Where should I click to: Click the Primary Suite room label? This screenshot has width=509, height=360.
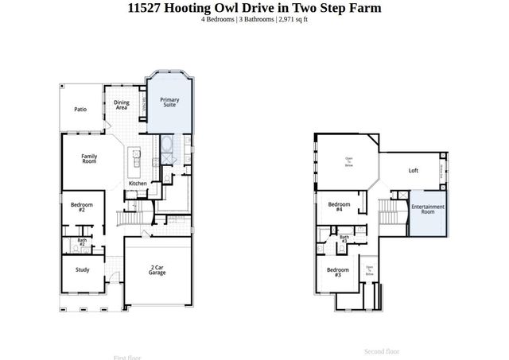170,103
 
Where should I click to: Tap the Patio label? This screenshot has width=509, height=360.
80,110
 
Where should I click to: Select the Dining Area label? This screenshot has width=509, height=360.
122,105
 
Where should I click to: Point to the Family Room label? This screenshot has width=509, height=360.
89,158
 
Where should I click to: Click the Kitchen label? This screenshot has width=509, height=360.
138,184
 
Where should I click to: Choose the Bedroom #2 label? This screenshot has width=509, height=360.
82,208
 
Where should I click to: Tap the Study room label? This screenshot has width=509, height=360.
83,269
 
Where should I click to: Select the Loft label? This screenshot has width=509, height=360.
413,170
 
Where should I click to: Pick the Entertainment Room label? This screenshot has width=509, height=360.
428,210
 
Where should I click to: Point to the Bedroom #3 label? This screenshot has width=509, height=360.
334,272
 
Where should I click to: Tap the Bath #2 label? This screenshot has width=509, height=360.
82,242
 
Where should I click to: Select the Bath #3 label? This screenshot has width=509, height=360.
344,238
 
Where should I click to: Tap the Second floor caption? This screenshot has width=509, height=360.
382,351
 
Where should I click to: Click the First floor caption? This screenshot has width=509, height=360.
127,357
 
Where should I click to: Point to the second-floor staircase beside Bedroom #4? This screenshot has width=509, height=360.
388,212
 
